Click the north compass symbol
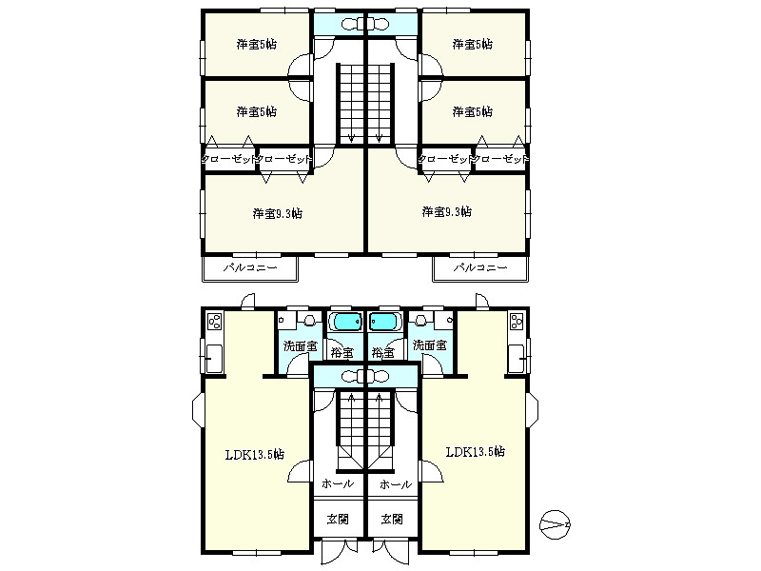[556, 525]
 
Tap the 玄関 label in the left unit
[338, 519]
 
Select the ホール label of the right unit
[396, 484]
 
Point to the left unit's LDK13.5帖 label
[255, 455]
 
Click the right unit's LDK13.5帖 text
[475, 451]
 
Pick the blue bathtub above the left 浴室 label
[345, 321]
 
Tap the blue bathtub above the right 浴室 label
[385, 321]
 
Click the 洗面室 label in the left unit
[300, 346]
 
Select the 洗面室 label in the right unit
[430, 345]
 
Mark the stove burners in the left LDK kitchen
[215, 322]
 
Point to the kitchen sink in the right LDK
[516, 359]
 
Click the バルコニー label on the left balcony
[250, 267]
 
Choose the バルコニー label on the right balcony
[480, 267]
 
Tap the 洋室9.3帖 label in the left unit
[278, 213]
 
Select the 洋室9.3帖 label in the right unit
[446, 211]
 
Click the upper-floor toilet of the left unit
[350, 23]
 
